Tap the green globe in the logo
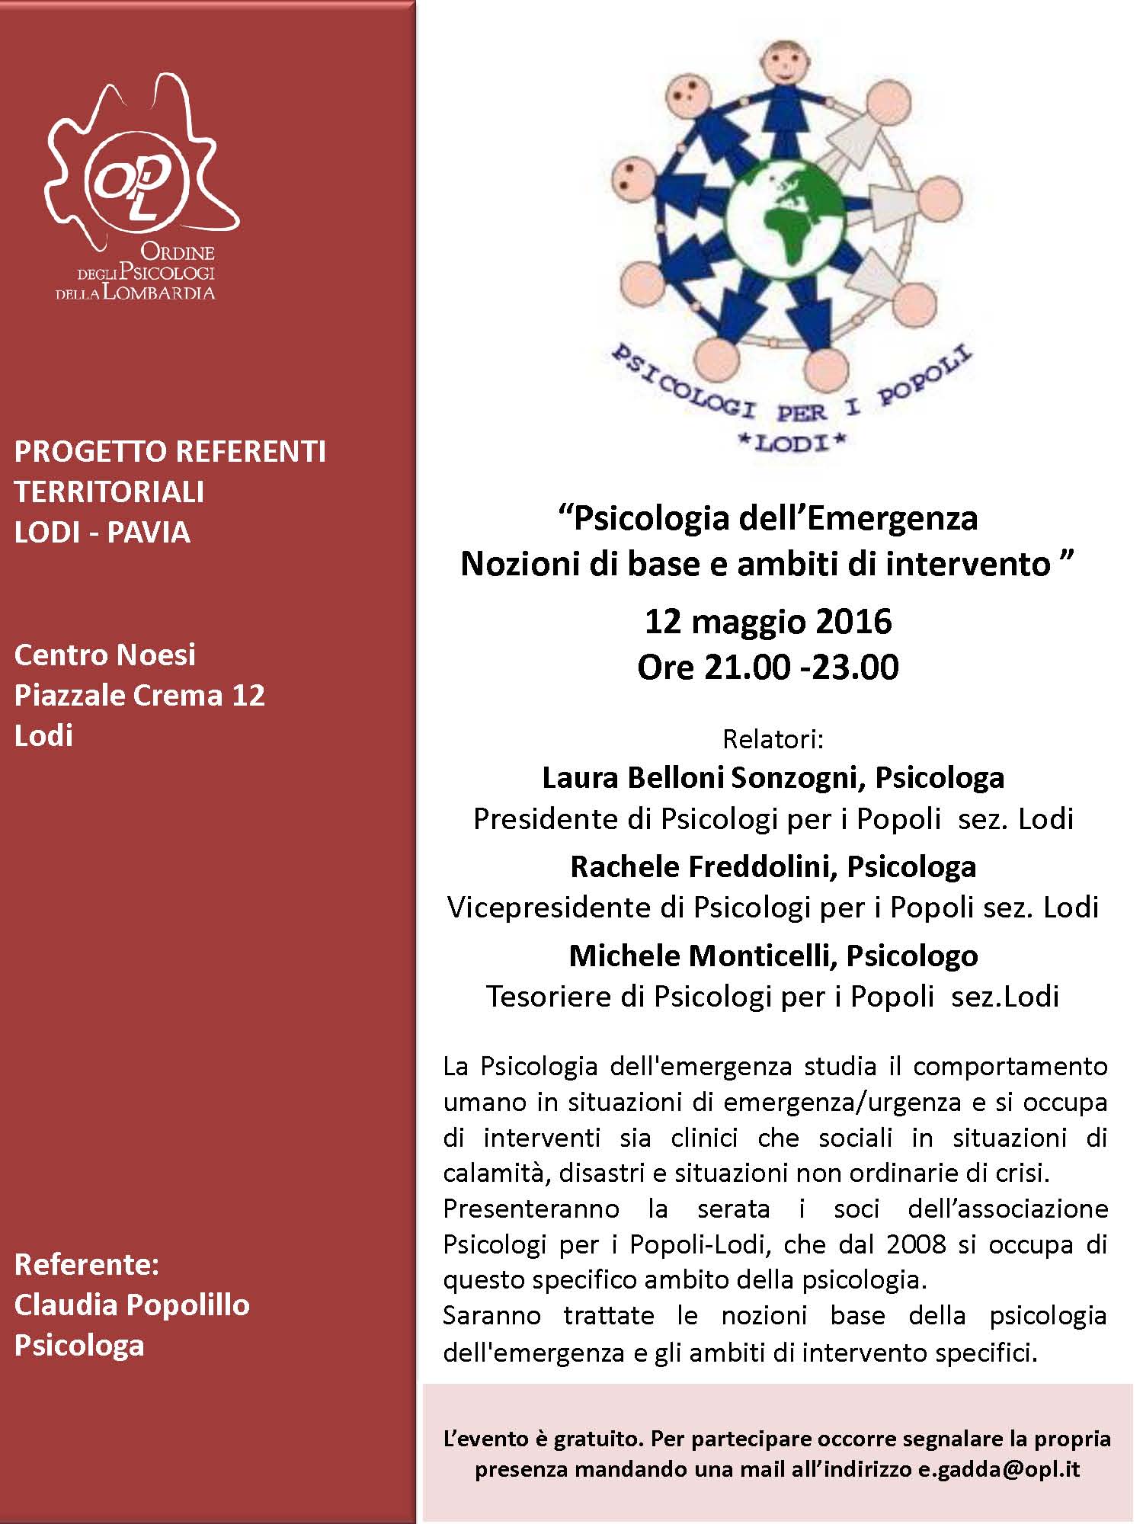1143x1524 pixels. tap(785, 215)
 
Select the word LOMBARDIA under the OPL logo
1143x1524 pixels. tap(158, 293)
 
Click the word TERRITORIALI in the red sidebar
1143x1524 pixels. tap(109, 491)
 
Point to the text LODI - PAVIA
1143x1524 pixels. tap(102, 532)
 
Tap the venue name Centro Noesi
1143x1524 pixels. tap(105, 655)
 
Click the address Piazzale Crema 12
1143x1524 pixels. tap(139, 695)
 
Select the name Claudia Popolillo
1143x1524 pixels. tap(132, 1305)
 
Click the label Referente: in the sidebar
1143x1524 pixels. tap(87, 1264)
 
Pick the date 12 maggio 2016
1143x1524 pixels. tap(768, 621)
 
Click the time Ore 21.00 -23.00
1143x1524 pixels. tap(768, 667)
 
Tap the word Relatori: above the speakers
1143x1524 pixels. tap(773, 739)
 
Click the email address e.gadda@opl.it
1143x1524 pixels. tap(998, 1469)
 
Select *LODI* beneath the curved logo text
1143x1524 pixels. tap(792, 443)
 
